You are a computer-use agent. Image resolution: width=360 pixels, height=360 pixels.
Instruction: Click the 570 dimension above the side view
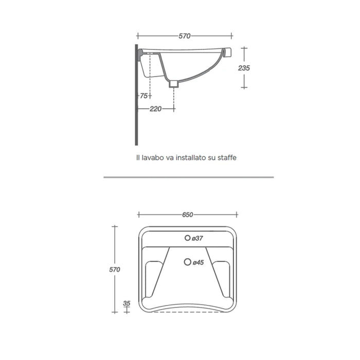185,36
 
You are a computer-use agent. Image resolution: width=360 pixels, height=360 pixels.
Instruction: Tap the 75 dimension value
144,96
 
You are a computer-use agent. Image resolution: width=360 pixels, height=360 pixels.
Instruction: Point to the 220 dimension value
156,109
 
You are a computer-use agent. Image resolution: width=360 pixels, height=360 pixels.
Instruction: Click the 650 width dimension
187,215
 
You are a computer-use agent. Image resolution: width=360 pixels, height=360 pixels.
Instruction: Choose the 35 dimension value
127,303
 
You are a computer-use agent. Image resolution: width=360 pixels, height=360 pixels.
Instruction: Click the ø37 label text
199,238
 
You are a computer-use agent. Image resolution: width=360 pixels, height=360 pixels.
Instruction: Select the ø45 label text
199,263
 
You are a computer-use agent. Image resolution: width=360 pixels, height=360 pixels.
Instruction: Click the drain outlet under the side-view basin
174,83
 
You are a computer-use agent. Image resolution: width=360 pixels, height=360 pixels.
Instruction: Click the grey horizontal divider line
188,177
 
